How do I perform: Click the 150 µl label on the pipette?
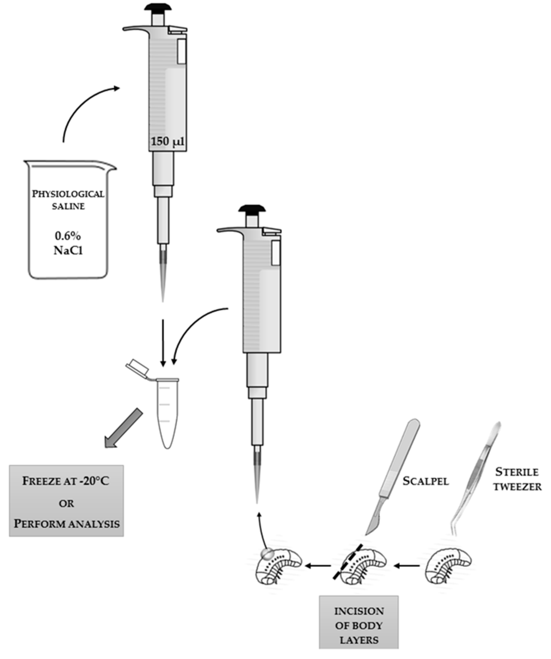point(167,142)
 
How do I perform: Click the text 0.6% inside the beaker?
point(68,236)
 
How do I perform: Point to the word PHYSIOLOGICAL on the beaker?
point(68,194)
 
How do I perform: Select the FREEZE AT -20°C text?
point(66,481)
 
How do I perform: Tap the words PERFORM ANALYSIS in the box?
point(67,524)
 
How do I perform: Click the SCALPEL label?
point(426,481)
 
